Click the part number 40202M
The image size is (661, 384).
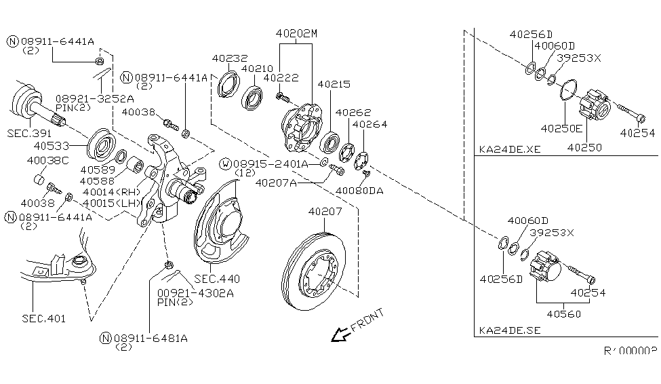point(296,33)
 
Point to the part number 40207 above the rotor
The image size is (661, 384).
point(325,212)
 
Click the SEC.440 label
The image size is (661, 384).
point(217,279)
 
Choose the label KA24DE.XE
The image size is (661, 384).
point(509,149)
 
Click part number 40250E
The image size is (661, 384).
point(561,128)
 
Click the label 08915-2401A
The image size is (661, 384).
point(271,164)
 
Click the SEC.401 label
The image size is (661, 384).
point(43,318)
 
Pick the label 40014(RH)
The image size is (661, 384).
point(110,192)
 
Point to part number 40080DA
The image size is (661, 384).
point(359,191)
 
